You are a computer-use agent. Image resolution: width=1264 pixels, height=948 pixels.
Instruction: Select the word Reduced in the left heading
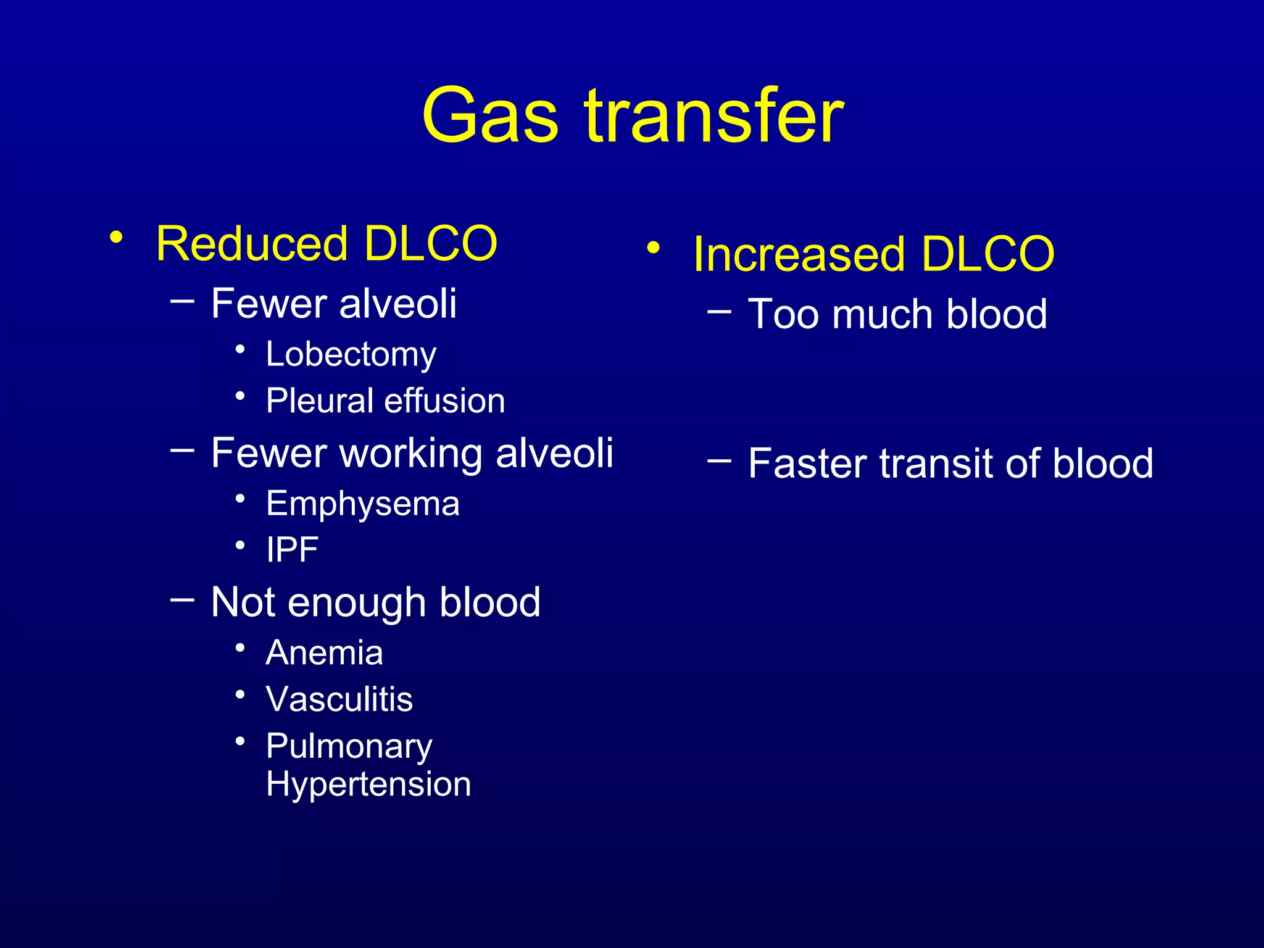point(252,243)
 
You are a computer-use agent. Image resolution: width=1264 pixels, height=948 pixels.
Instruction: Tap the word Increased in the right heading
point(799,254)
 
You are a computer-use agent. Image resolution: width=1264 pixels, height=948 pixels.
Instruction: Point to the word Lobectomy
point(351,355)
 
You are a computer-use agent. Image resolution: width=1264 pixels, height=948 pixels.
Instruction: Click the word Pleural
point(319,401)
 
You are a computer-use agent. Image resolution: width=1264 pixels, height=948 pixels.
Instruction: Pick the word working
point(410,454)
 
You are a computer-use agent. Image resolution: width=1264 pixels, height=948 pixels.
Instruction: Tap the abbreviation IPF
point(292,549)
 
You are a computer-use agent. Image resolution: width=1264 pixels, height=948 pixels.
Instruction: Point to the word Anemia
point(324,652)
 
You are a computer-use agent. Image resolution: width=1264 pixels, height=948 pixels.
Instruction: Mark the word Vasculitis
point(339,699)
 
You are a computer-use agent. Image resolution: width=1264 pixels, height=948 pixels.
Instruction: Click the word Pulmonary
point(349,747)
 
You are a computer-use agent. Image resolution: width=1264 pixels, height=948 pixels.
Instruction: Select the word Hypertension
point(368,784)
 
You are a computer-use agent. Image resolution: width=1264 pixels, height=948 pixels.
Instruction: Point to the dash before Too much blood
point(719,310)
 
